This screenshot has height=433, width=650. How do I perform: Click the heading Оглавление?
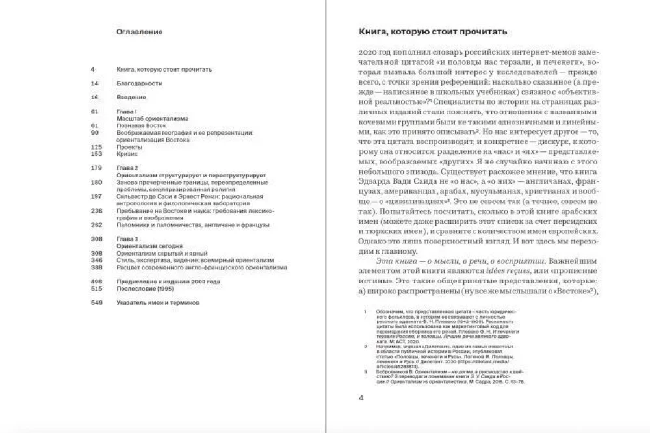[x=139, y=31]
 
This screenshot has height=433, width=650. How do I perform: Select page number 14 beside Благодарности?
[x=94, y=83]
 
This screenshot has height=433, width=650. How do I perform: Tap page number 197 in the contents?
[x=96, y=196]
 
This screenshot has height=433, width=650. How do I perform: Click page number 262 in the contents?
[x=96, y=225]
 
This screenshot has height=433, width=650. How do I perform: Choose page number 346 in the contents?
[x=96, y=260]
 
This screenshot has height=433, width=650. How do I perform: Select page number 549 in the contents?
[x=96, y=303]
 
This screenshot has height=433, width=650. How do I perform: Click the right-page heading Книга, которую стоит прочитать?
[x=433, y=31]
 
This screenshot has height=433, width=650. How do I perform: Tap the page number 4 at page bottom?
[x=362, y=397]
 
